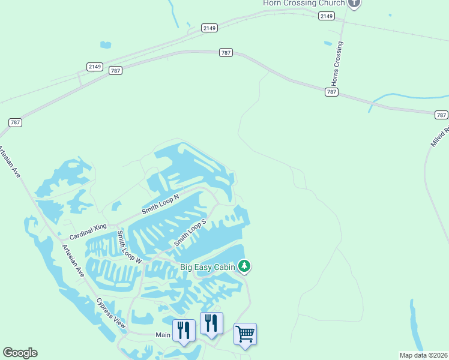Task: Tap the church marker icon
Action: pos(354,3)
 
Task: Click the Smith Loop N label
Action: pos(160,205)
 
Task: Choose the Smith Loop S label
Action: pos(190,232)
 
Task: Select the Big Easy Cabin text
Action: pos(208,267)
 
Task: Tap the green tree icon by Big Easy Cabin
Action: pos(244,265)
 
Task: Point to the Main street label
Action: pos(163,335)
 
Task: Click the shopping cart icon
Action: pos(245,334)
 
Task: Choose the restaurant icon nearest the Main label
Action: pos(184,330)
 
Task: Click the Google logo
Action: pos(20,353)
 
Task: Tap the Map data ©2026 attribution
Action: pos(424,355)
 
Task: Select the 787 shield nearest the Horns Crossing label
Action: pos(332,92)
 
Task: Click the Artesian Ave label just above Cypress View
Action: pos(73,260)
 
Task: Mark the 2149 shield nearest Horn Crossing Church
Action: pos(327,16)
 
